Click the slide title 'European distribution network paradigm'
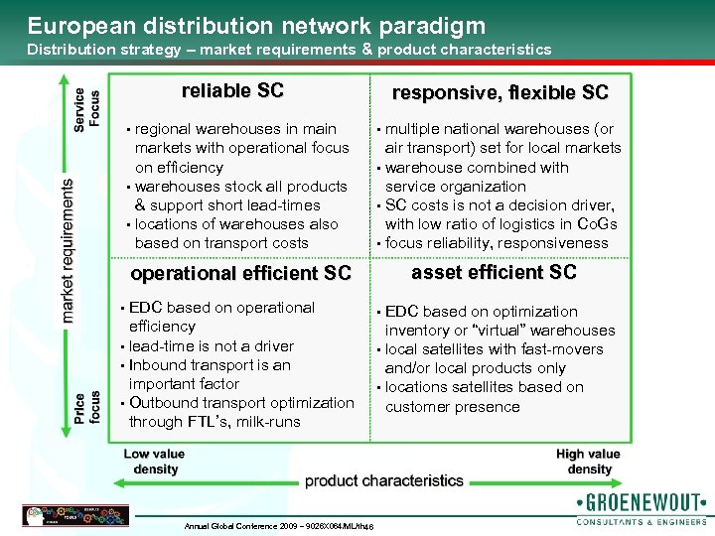(256, 25)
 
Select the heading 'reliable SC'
(232, 91)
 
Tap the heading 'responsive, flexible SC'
(500, 93)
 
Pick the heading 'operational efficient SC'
(241, 273)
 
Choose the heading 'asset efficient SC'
(494, 272)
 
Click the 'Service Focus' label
(87, 107)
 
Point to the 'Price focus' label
(87, 407)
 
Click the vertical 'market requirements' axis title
(68, 250)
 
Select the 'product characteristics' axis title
(384, 480)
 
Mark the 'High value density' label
(589, 462)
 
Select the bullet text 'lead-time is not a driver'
(211, 345)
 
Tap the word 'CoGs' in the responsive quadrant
(598, 223)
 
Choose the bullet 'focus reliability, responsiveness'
(497, 243)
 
